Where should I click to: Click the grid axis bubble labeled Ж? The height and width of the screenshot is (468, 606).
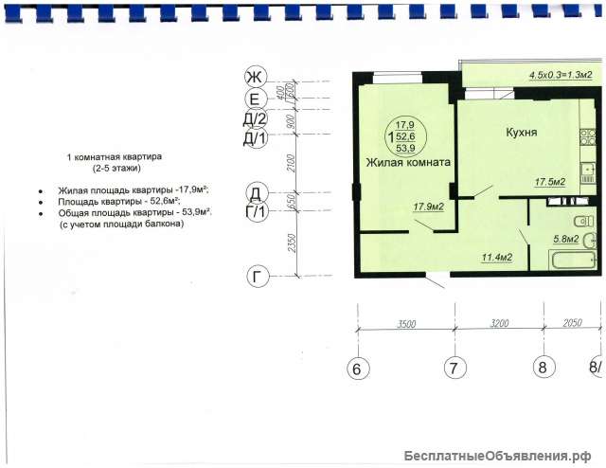pos(256,77)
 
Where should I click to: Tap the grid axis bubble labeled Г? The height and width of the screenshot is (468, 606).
pos(258,277)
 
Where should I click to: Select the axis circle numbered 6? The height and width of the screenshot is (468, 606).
pos(358,369)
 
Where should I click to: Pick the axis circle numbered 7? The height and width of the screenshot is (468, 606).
pos(454,367)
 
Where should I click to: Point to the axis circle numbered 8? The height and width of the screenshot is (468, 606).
pos(544,367)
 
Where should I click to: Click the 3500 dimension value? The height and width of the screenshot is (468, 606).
pos(406,324)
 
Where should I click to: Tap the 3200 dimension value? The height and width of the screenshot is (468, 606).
pos(499,323)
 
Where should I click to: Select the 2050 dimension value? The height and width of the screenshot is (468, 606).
pos(572,322)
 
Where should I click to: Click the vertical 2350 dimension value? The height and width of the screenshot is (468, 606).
pos(292,243)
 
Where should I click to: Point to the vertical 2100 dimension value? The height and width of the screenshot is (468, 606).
pos(291,163)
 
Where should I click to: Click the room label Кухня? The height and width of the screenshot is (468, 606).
pos(522,133)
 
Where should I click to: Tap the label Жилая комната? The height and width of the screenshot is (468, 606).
pos(408,162)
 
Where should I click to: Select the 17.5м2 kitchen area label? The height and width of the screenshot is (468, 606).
pos(550,181)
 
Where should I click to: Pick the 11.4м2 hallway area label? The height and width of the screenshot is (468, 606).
pos(497,257)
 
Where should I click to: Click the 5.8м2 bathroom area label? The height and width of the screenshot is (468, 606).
pos(566,239)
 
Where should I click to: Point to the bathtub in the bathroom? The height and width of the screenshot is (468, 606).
pos(573,261)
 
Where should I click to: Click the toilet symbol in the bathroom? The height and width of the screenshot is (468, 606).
pos(583,222)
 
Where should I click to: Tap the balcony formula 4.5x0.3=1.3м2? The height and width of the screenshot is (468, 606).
pos(561,75)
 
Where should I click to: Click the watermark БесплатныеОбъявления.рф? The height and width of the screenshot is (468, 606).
pos(498,457)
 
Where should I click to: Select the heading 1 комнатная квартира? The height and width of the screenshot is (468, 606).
pos(115,157)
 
